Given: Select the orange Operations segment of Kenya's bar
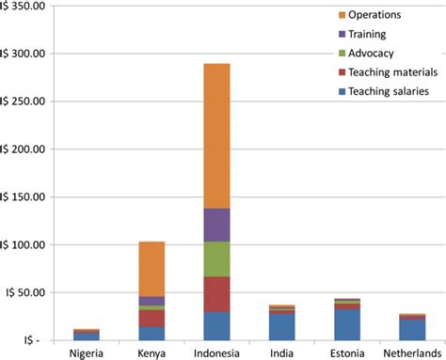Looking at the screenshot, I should coord(151,269).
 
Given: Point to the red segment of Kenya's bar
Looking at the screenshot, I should coord(151,318).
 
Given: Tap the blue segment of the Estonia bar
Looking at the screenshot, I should coord(346,324).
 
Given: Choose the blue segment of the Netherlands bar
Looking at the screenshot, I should coord(411,330).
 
